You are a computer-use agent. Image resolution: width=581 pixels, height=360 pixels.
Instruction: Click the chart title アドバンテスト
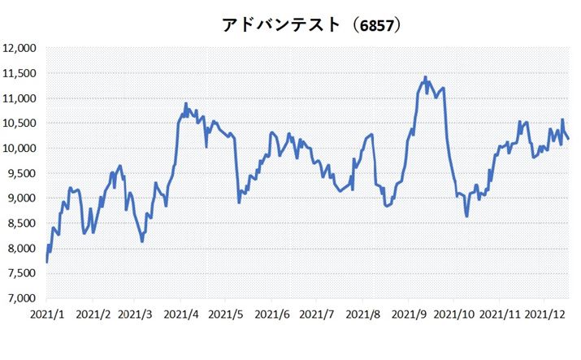click(280, 25)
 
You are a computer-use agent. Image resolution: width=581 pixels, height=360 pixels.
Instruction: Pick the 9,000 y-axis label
click(24, 198)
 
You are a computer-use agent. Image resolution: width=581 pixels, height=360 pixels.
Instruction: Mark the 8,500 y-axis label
click(24, 223)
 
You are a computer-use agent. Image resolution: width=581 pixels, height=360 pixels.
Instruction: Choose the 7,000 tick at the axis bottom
click(24, 298)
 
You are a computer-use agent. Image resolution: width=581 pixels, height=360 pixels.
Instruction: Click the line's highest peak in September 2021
click(425, 77)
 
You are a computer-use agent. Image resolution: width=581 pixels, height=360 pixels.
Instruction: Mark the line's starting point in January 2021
click(46, 262)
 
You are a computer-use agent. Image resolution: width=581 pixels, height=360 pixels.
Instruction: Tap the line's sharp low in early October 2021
click(466, 216)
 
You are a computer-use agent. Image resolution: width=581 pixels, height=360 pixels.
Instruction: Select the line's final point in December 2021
click(568, 139)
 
